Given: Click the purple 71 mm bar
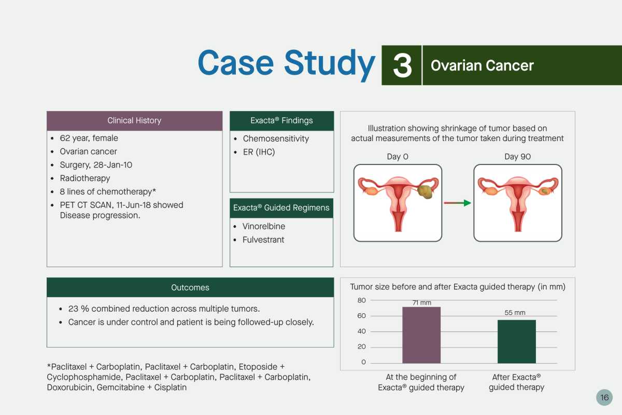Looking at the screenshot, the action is (x=421, y=335).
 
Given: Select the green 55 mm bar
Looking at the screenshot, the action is (x=516, y=342).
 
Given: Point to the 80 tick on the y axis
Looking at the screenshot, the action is (x=362, y=300).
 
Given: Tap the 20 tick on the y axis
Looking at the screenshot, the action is (x=362, y=347).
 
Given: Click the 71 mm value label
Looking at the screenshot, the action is (x=422, y=303).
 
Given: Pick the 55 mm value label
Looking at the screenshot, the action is (x=515, y=313).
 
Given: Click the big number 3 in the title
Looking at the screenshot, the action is (x=402, y=65).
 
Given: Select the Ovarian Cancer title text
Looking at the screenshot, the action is (x=482, y=65).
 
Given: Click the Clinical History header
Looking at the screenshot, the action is (x=134, y=121).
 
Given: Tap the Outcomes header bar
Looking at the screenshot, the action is (x=190, y=287).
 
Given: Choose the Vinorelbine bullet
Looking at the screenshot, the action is (x=263, y=226).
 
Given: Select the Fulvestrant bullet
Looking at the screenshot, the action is (x=263, y=240).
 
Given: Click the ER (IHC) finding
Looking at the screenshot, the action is (x=259, y=152).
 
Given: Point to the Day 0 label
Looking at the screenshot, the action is (x=398, y=157).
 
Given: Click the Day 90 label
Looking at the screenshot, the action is (x=517, y=157).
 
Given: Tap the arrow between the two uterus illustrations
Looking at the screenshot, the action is (x=457, y=203).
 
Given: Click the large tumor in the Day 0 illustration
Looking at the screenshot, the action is (x=425, y=191).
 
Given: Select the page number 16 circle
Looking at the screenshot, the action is (x=604, y=397).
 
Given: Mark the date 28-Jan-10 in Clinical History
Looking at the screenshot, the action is (x=113, y=165).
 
